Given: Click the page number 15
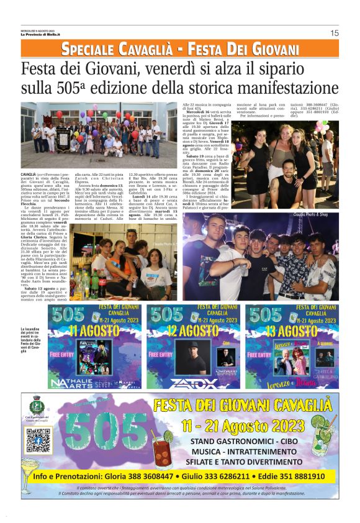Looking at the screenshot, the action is coord(334,33).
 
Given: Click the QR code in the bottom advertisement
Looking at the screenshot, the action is coord(38,440).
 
